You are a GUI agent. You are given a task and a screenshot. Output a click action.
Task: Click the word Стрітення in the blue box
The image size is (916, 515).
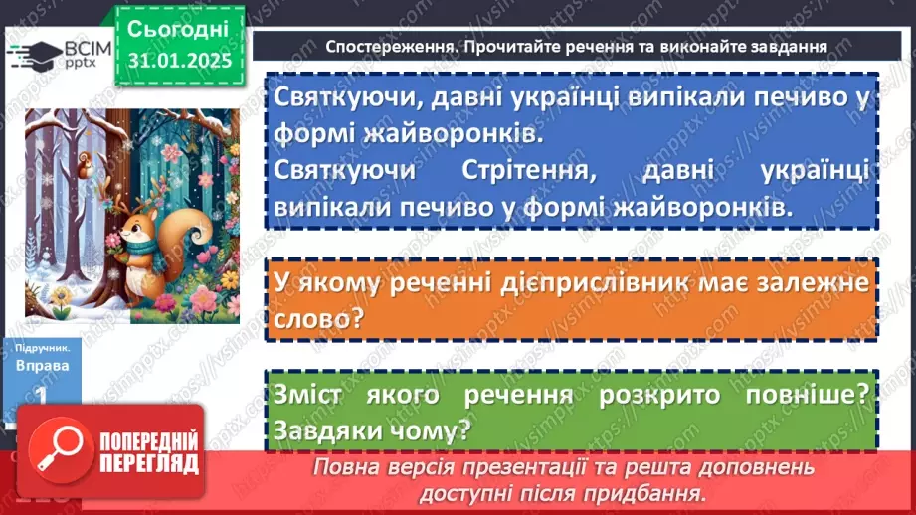coord(511,170)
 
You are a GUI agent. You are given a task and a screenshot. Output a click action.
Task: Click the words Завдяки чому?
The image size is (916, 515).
coord(372,430)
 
